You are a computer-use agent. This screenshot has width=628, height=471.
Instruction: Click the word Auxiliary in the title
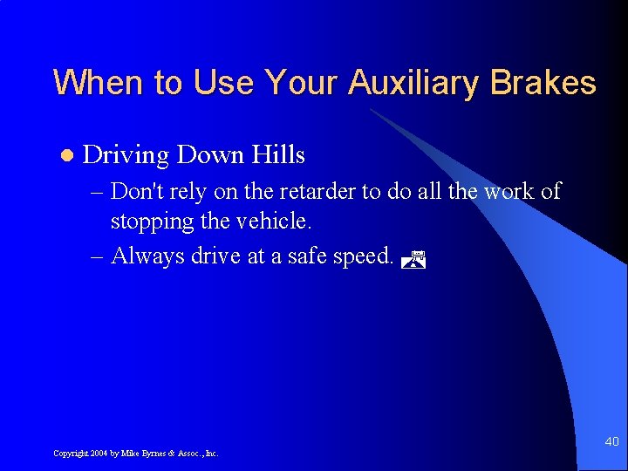pyautogui.click(x=415, y=84)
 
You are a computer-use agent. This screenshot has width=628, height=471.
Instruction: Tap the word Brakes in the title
pyautogui.click(x=543, y=83)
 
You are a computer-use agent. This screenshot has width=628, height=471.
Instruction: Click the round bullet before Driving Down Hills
pyautogui.click(x=65, y=156)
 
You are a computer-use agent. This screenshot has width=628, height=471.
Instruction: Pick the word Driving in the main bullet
pyautogui.click(x=126, y=156)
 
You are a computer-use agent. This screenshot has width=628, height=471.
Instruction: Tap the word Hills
pyautogui.click(x=278, y=155)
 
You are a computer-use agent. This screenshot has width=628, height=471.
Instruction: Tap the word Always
pyautogui.click(x=144, y=256)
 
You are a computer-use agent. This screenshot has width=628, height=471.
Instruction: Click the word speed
pyautogui.click(x=363, y=256)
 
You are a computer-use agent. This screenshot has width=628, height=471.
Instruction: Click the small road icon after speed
pyautogui.click(x=416, y=258)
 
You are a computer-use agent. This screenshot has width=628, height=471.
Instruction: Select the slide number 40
pyautogui.click(x=611, y=443)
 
